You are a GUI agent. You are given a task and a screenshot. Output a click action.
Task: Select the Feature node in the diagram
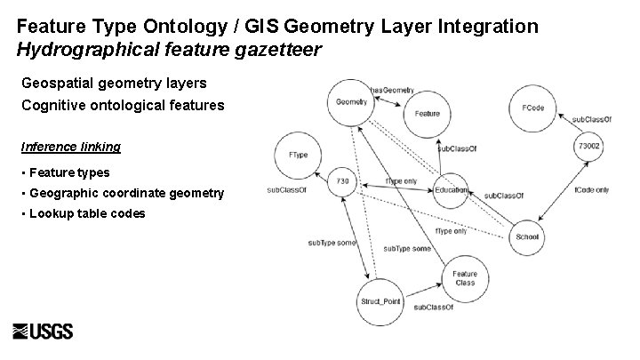(x=428, y=114)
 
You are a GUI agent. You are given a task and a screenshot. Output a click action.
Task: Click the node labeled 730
(x=342, y=181)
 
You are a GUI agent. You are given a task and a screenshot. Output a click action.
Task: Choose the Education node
(x=451, y=190)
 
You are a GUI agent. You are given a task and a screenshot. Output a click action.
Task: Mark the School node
(x=527, y=236)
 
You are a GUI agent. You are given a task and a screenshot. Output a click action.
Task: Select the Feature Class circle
(x=464, y=278)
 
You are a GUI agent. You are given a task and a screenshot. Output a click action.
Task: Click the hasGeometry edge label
(x=391, y=90)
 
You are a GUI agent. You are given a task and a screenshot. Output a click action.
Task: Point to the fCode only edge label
(x=591, y=189)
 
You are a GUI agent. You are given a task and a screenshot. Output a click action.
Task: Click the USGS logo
(x=44, y=331)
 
